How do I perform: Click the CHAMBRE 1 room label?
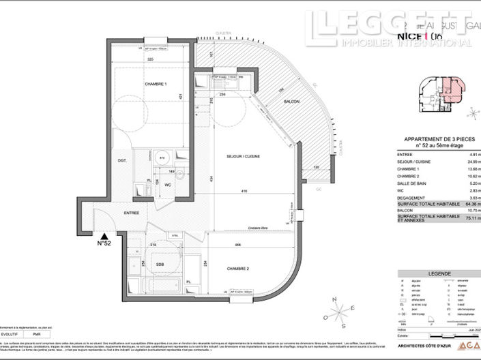pyautogui.click(x=156, y=84)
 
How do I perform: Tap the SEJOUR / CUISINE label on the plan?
pyautogui.click(x=244, y=156)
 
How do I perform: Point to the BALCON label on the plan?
pyautogui.click(x=292, y=102)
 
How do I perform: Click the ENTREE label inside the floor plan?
pyautogui.click(x=132, y=213)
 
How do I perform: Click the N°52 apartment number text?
pyautogui.click(x=104, y=242)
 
